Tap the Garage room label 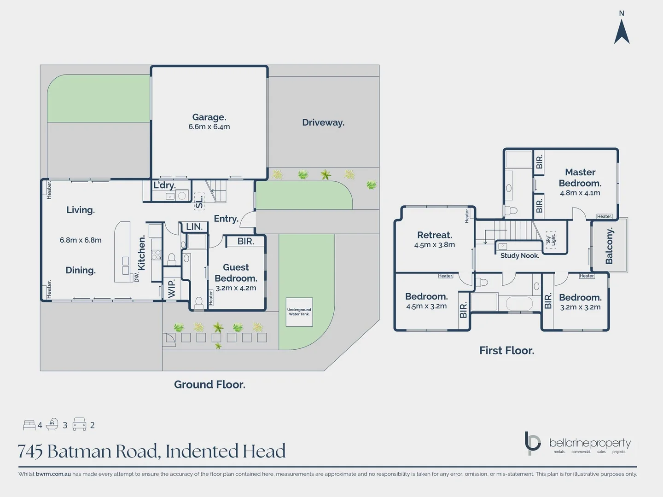[x=209, y=117]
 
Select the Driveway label [x=323, y=122]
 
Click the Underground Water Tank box [x=299, y=312]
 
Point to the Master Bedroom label [x=580, y=178]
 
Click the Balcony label [x=610, y=246]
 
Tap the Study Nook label [x=520, y=255]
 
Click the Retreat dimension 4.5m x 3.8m [x=435, y=245]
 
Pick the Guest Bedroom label [x=236, y=272]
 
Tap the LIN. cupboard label [x=194, y=226]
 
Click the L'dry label [x=164, y=185]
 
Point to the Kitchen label [x=142, y=253]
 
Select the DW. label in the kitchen [x=137, y=277]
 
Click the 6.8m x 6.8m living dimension [x=81, y=240]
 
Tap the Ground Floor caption [x=209, y=384]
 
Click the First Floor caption [x=506, y=350]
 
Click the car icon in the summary [x=80, y=424]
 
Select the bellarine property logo [x=578, y=443]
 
